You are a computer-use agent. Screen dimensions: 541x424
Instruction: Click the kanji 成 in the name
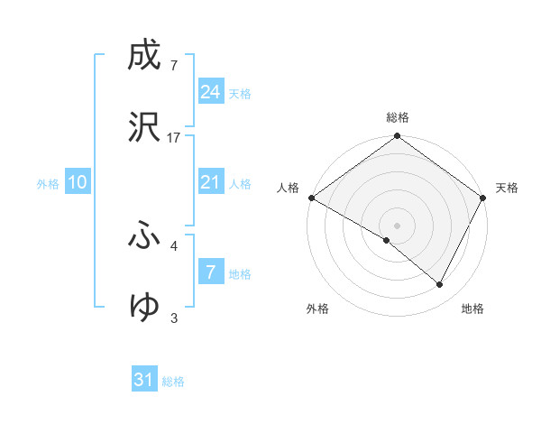[144, 56]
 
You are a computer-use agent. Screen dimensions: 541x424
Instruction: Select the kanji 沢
[144, 127]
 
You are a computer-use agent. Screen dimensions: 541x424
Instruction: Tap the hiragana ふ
[144, 236]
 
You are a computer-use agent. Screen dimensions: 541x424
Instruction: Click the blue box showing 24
[210, 92]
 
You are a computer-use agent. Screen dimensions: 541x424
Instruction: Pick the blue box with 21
[210, 183]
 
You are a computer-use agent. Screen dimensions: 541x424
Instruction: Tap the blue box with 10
[77, 183]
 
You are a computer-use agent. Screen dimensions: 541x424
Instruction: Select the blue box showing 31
[144, 381]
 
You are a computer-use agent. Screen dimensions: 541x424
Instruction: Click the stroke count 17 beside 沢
[174, 137]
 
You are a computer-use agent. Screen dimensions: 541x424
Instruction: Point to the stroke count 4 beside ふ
[174, 245]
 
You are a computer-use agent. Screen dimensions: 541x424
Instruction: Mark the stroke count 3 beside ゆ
[174, 318]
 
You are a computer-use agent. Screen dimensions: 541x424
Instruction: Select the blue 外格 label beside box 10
[48, 184]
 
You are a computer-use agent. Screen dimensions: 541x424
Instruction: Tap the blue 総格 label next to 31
[173, 382]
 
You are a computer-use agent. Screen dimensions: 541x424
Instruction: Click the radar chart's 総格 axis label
[398, 117]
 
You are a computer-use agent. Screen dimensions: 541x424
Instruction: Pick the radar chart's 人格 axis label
[289, 188]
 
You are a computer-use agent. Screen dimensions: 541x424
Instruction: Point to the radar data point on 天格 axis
[483, 198]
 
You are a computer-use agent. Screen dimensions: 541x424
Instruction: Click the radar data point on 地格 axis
[440, 285]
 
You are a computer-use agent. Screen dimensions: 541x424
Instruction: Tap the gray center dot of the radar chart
[398, 225]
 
